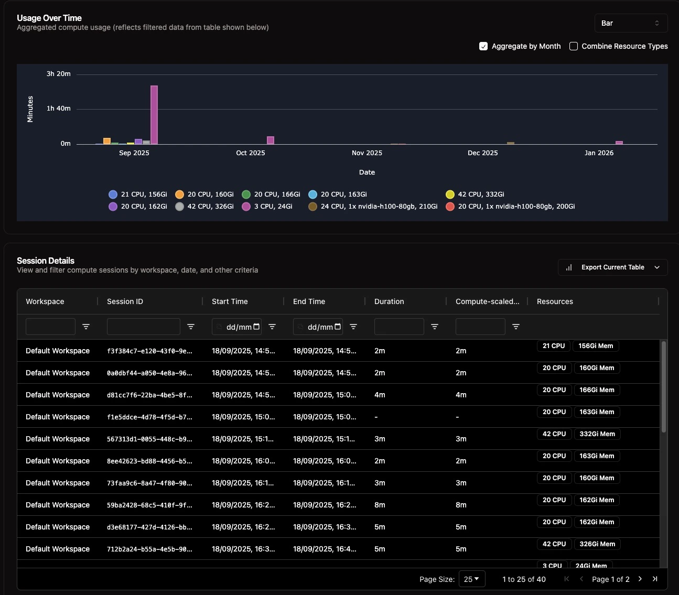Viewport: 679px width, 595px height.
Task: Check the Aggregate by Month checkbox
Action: pos(483,46)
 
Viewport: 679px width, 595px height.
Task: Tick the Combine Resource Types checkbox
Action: pos(574,46)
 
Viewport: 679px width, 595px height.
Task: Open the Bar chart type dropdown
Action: pos(631,23)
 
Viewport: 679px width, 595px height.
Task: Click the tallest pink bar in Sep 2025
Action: pos(154,115)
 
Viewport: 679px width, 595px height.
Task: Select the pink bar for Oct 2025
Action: pos(271,140)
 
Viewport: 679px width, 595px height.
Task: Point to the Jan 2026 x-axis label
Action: pos(599,153)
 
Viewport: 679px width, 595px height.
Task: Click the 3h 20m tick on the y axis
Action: pos(58,74)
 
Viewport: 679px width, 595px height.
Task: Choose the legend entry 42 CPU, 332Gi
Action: pos(475,194)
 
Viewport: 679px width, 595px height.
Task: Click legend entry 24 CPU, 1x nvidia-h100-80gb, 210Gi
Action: pos(373,207)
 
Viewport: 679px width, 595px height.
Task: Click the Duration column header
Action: pos(389,301)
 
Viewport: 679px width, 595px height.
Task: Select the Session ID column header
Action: pos(125,301)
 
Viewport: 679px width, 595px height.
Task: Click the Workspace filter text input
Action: pos(50,327)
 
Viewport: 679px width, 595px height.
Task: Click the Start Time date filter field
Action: pos(236,327)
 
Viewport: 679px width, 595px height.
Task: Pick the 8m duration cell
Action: pos(380,505)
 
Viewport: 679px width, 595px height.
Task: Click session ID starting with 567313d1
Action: pos(149,439)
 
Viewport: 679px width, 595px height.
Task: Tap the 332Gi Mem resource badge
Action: pos(597,434)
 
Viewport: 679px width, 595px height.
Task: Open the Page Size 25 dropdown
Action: pos(472,579)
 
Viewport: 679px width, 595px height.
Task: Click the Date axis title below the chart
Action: pos(367,172)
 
